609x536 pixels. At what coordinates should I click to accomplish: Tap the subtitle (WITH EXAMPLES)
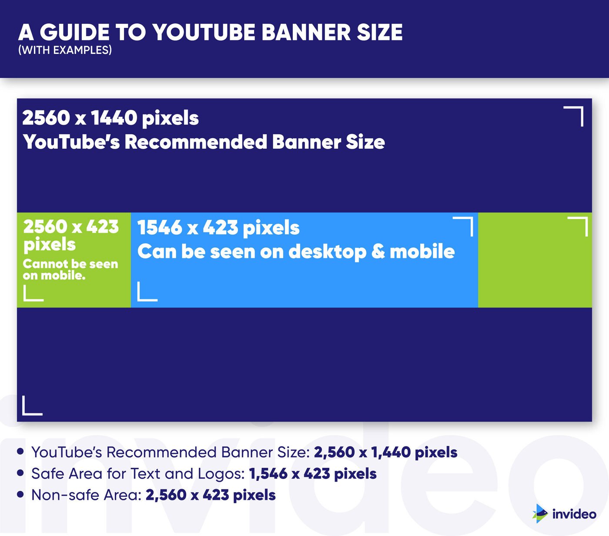click(65, 50)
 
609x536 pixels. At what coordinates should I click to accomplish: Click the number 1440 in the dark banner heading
click(113, 118)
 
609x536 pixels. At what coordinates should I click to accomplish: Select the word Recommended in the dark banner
click(196, 142)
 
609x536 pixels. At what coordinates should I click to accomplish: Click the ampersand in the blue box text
click(378, 251)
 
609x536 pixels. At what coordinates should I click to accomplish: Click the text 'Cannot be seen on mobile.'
click(70, 270)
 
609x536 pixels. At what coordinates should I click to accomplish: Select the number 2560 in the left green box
click(45, 226)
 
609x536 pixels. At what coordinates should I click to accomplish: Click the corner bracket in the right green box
click(579, 226)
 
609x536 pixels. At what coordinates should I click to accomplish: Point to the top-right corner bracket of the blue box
click(464, 226)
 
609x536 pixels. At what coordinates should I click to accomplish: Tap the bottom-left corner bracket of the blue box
click(147, 292)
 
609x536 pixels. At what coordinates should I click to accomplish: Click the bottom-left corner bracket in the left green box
click(33, 293)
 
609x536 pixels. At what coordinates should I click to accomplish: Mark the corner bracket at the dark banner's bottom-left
click(32, 406)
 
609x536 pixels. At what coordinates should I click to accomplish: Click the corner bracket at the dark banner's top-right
click(574, 116)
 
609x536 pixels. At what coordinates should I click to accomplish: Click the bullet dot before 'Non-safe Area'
click(20, 494)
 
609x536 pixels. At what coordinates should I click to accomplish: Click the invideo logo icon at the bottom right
click(540, 513)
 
